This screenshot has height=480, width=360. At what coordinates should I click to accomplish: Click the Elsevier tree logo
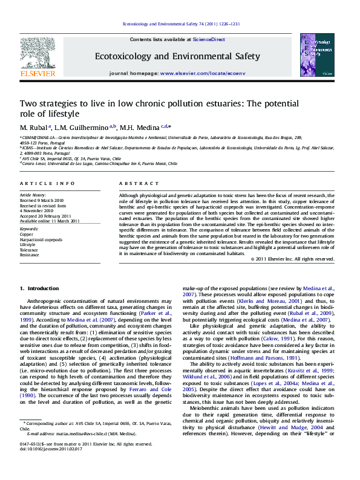38,58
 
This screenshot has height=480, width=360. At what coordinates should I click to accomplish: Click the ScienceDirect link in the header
209,39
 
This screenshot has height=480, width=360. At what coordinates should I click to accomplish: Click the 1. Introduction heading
39,288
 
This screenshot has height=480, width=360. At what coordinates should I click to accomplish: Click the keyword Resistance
31,255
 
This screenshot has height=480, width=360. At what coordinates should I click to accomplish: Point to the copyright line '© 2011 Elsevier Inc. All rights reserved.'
299,259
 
